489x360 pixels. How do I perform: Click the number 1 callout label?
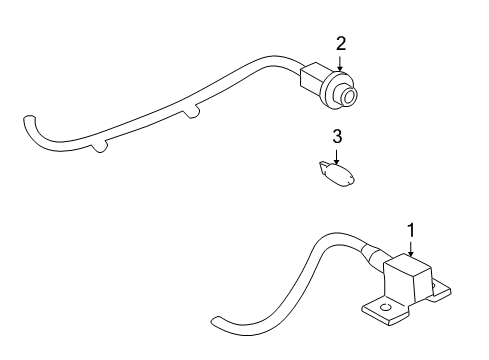click(410, 230)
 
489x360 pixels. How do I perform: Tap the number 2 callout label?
click(341, 43)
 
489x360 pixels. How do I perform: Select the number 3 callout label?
click(338, 136)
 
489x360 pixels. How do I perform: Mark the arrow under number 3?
click(338, 153)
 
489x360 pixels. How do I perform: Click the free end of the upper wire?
click(25, 121)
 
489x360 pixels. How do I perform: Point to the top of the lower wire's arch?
click(330, 238)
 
